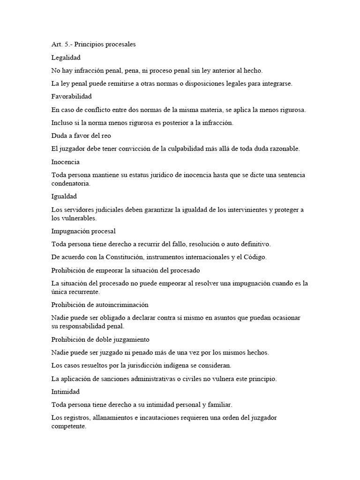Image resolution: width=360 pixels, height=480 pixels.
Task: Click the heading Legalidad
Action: point(66,58)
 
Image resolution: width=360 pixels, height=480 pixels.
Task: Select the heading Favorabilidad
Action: point(71,97)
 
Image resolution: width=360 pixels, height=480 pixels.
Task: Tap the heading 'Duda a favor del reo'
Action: point(81,135)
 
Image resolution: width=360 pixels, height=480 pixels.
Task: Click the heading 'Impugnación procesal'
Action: point(83,231)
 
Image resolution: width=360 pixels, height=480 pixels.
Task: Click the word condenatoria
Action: point(71,184)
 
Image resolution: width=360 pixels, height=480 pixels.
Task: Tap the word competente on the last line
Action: point(69,427)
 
